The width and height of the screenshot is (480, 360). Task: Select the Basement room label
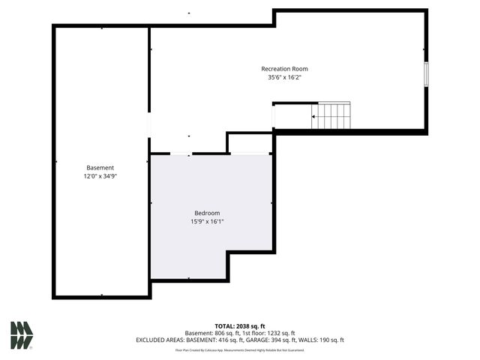pyautogui.click(x=100, y=167)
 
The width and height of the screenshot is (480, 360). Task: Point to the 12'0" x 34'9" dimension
pyautogui.click(x=100, y=175)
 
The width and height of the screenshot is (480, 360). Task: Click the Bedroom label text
pyautogui.click(x=207, y=213)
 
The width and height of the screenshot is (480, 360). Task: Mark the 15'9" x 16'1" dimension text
pyautogui.click(x=207, y=221)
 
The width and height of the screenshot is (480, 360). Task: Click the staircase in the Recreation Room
pyautogui.click(x=331, y=116)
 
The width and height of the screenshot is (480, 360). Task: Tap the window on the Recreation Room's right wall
pyautogui.click(x=426, y=75)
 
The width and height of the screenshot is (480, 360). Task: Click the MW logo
pyautogui.click(x=22, y=335)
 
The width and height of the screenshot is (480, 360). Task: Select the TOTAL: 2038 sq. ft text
pyautogui.click(x=240, y=326)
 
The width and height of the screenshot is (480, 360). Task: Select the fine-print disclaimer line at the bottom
pyautogui.click(x=240, y=349)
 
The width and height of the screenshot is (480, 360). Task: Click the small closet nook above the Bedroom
pyautogui.click(x=250, y=143)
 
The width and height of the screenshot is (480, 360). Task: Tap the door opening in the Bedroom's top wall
pyautogui.click(x=180, y=154)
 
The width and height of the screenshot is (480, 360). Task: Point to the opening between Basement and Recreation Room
pyautogui.click(x=149, y=124)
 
